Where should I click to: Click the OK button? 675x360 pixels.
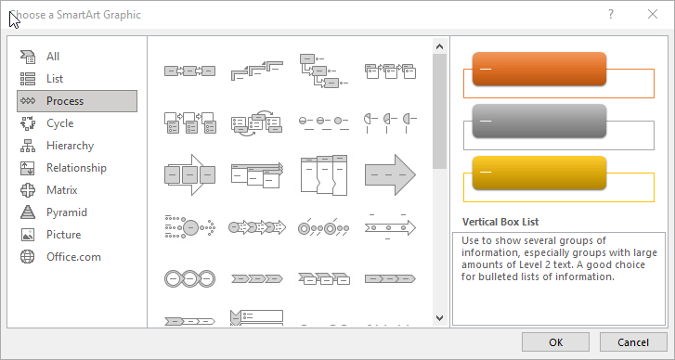555,341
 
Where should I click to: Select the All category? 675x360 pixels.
53,57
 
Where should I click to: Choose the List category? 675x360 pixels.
54,79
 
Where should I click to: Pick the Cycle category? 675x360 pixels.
59,123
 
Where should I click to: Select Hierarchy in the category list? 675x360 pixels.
70,146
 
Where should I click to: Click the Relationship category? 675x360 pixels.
76,168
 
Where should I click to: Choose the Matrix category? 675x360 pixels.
61,190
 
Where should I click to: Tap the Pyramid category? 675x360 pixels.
66,212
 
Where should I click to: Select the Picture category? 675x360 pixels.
63,235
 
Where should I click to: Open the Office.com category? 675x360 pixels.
73,257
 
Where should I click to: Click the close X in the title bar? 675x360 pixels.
652,14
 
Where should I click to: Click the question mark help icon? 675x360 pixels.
611,14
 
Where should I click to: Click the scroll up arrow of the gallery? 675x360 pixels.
439,45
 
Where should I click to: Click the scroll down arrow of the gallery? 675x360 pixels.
439,317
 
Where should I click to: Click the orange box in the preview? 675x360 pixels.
539,69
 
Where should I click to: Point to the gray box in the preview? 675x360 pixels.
539,121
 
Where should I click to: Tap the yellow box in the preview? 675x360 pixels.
539,173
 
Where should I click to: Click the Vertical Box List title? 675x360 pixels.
500,222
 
